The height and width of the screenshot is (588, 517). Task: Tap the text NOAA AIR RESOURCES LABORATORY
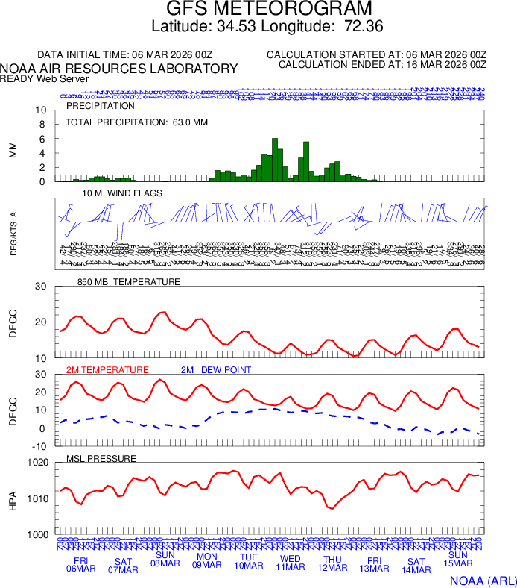pyautogui.click(x=119, y=69)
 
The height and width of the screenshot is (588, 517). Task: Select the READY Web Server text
pyautogui.click(x=45, y=79)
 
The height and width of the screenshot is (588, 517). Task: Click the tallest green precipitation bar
pyautogui.click(x=275, y=160)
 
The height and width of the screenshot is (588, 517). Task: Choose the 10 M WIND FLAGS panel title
pyautogui.click(x=122, y=193)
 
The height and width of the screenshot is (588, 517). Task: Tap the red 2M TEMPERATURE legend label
pyautogui.click(x=108, y=370)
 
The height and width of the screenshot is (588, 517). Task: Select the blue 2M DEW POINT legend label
pyautogui.click(x=216, y=370)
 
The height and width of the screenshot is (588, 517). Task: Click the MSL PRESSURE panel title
pyautogui.click(x=101, y=458)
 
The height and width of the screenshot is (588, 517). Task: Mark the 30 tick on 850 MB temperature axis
pyautogui.click(x=40, y=287)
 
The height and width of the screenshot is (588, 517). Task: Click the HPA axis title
pyautogui.click(x=13, y=498)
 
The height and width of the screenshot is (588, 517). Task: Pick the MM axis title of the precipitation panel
pyautogui.click(x=13, y=149)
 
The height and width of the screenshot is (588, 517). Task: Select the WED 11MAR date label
pyautogui.click(x=291, y=563)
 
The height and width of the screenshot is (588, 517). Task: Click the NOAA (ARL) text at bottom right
pyautogui.click(x=482, y=580)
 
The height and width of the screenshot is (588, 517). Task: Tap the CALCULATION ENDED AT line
pyautogui.click(x=382, y=66)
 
